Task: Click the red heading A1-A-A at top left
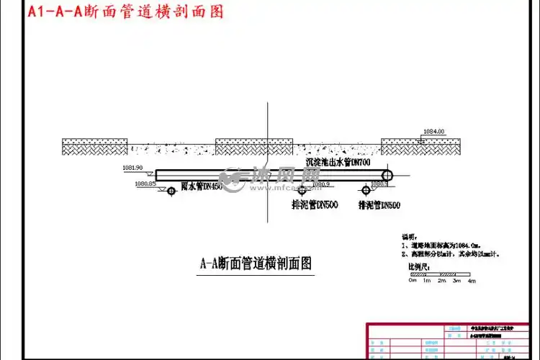pyautogui.click(x=122, y=12)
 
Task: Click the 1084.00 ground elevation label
pyautogui.click(x=433, y=131)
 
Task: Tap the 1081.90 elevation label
pyautogui.click(x=133, y=168)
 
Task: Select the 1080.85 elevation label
pyautogui.click(x=145, y=184)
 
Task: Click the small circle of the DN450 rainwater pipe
pyautogui.click(x=171, y=191)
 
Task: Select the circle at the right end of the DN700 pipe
pyautogui.click(x=387, y=174)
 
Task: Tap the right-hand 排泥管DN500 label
pyautogui.click(x=379, y=205)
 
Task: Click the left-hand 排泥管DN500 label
pyautogui.click(x=315, y=204)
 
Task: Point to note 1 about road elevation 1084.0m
pyautogui.click(x=446, y=245)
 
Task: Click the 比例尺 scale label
pyautogui.click(x=418, y=266)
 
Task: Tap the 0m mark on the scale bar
pyautogui.click(x=412, y=280)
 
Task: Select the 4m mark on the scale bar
pyautogui.click(x=472, y=280)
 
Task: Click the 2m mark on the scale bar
pyautogui.click(x=441, y=280)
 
